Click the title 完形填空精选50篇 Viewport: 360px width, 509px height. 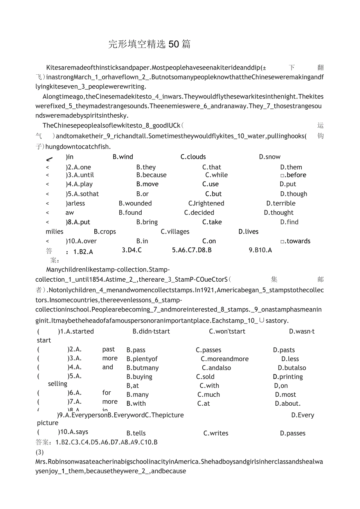(x=149, y=44)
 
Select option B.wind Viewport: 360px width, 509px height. (x=123, y=157)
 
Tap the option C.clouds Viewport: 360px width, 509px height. (x=193, y=157)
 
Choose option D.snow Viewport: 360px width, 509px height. (x=270, y=157)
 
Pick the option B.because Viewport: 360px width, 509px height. (x=151, y=175)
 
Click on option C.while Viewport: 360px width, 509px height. (x=216, y=175)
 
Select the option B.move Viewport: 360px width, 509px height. (x=148, y=184)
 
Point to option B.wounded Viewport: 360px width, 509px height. (x=135, y=203)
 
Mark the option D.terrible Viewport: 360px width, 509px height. (x=281, y=203)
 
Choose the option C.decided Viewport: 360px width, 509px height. (x=199, y=213)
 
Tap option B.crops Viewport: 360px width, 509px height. (x=105, y=232)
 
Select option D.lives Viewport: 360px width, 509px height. (x=248, y=232)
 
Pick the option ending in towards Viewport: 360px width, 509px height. (x=295, y=241)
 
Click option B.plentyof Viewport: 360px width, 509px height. (x=142, y=359)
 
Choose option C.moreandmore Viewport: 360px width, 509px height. (x=225, y=359)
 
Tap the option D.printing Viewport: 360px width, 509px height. (x=288, y=377)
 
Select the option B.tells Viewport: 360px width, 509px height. (x=136, y=433)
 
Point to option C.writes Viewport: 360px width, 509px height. (x=216, y=433)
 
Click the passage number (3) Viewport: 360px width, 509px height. (x=40, y=452)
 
